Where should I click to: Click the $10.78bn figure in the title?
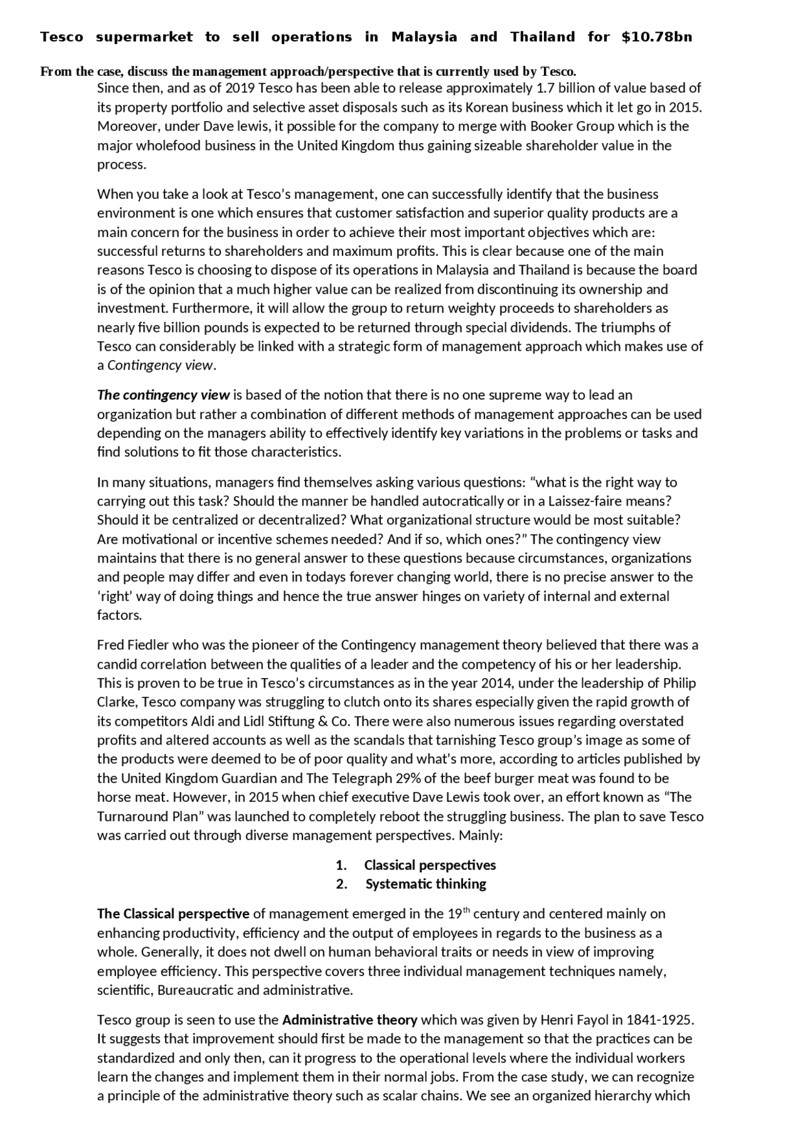click(656, 37)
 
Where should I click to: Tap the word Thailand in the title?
click(542, 37)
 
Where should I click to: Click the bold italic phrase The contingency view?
click(164, 395)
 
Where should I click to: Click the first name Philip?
click(679, 683)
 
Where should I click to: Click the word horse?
click(114, 797)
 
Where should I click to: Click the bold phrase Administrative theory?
click(349, 1020)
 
